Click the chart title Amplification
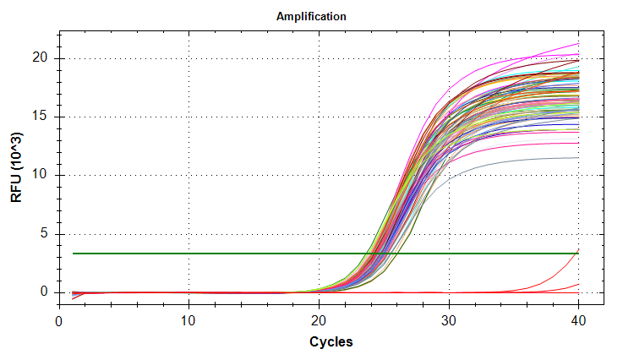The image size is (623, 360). tap(311, 16)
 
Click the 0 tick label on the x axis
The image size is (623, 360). tap(58, 321)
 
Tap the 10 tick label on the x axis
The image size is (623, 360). tap(189, 321)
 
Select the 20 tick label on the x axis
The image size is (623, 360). tap(319, 321)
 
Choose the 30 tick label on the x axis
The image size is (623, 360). tap(449, 321)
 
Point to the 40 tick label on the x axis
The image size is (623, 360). tap(578, 321)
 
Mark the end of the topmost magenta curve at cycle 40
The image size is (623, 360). tap(578, 44)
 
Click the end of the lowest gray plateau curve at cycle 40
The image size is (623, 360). tap(578, 157)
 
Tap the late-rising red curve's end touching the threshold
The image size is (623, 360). tap(578, 251)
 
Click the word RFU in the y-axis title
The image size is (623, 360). tap(16, 188)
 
